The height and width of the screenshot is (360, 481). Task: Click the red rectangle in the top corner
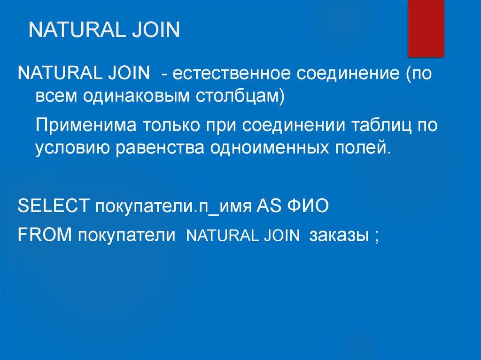pos(426,28)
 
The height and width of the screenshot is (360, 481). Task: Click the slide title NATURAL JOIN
pos(104,31)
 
